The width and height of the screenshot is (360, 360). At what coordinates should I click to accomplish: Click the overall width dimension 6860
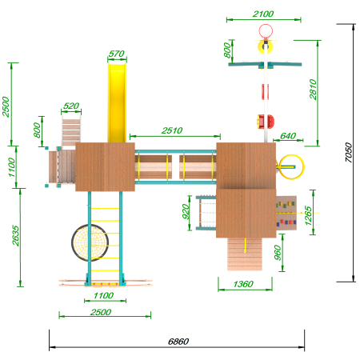(x=178, y=342)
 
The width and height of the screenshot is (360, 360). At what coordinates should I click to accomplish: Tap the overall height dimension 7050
(x=349, y=153)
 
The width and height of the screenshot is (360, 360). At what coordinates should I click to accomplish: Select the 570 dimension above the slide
(x=117, y=54)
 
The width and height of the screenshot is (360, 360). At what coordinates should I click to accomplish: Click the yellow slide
(x=117, y=103)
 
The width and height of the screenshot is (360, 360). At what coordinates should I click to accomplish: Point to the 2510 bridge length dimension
(x=172, y=130)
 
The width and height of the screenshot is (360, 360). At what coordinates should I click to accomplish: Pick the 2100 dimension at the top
(x=263, y=14)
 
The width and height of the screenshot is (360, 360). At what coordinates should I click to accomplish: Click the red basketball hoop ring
(x=266, y=31)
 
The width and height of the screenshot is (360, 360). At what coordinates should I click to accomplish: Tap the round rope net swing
(x=90, y=242)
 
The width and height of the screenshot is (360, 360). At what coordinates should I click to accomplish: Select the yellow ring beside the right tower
(x=290, y=166)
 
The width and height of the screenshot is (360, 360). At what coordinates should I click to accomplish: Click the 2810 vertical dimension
(x=313, y=90)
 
